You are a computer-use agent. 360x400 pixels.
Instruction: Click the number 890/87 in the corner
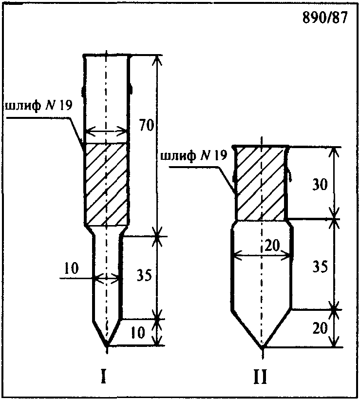[325, 18]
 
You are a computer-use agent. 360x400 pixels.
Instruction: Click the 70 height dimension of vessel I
[147, 125]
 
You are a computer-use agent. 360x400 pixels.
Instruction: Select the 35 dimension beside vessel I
[144, 275]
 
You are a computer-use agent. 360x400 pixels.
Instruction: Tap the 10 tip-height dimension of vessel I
[137, 332]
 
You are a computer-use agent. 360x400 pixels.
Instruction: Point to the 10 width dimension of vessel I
[71, 268]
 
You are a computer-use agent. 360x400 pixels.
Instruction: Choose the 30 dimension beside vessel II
[320, 184]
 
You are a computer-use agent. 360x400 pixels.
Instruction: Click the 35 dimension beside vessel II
[320, 267]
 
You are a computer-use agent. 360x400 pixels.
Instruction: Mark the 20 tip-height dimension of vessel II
[320, 328]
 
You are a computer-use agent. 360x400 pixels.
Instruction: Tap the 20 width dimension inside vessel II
[272, 246]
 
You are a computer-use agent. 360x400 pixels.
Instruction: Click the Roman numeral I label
[103, 377]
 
